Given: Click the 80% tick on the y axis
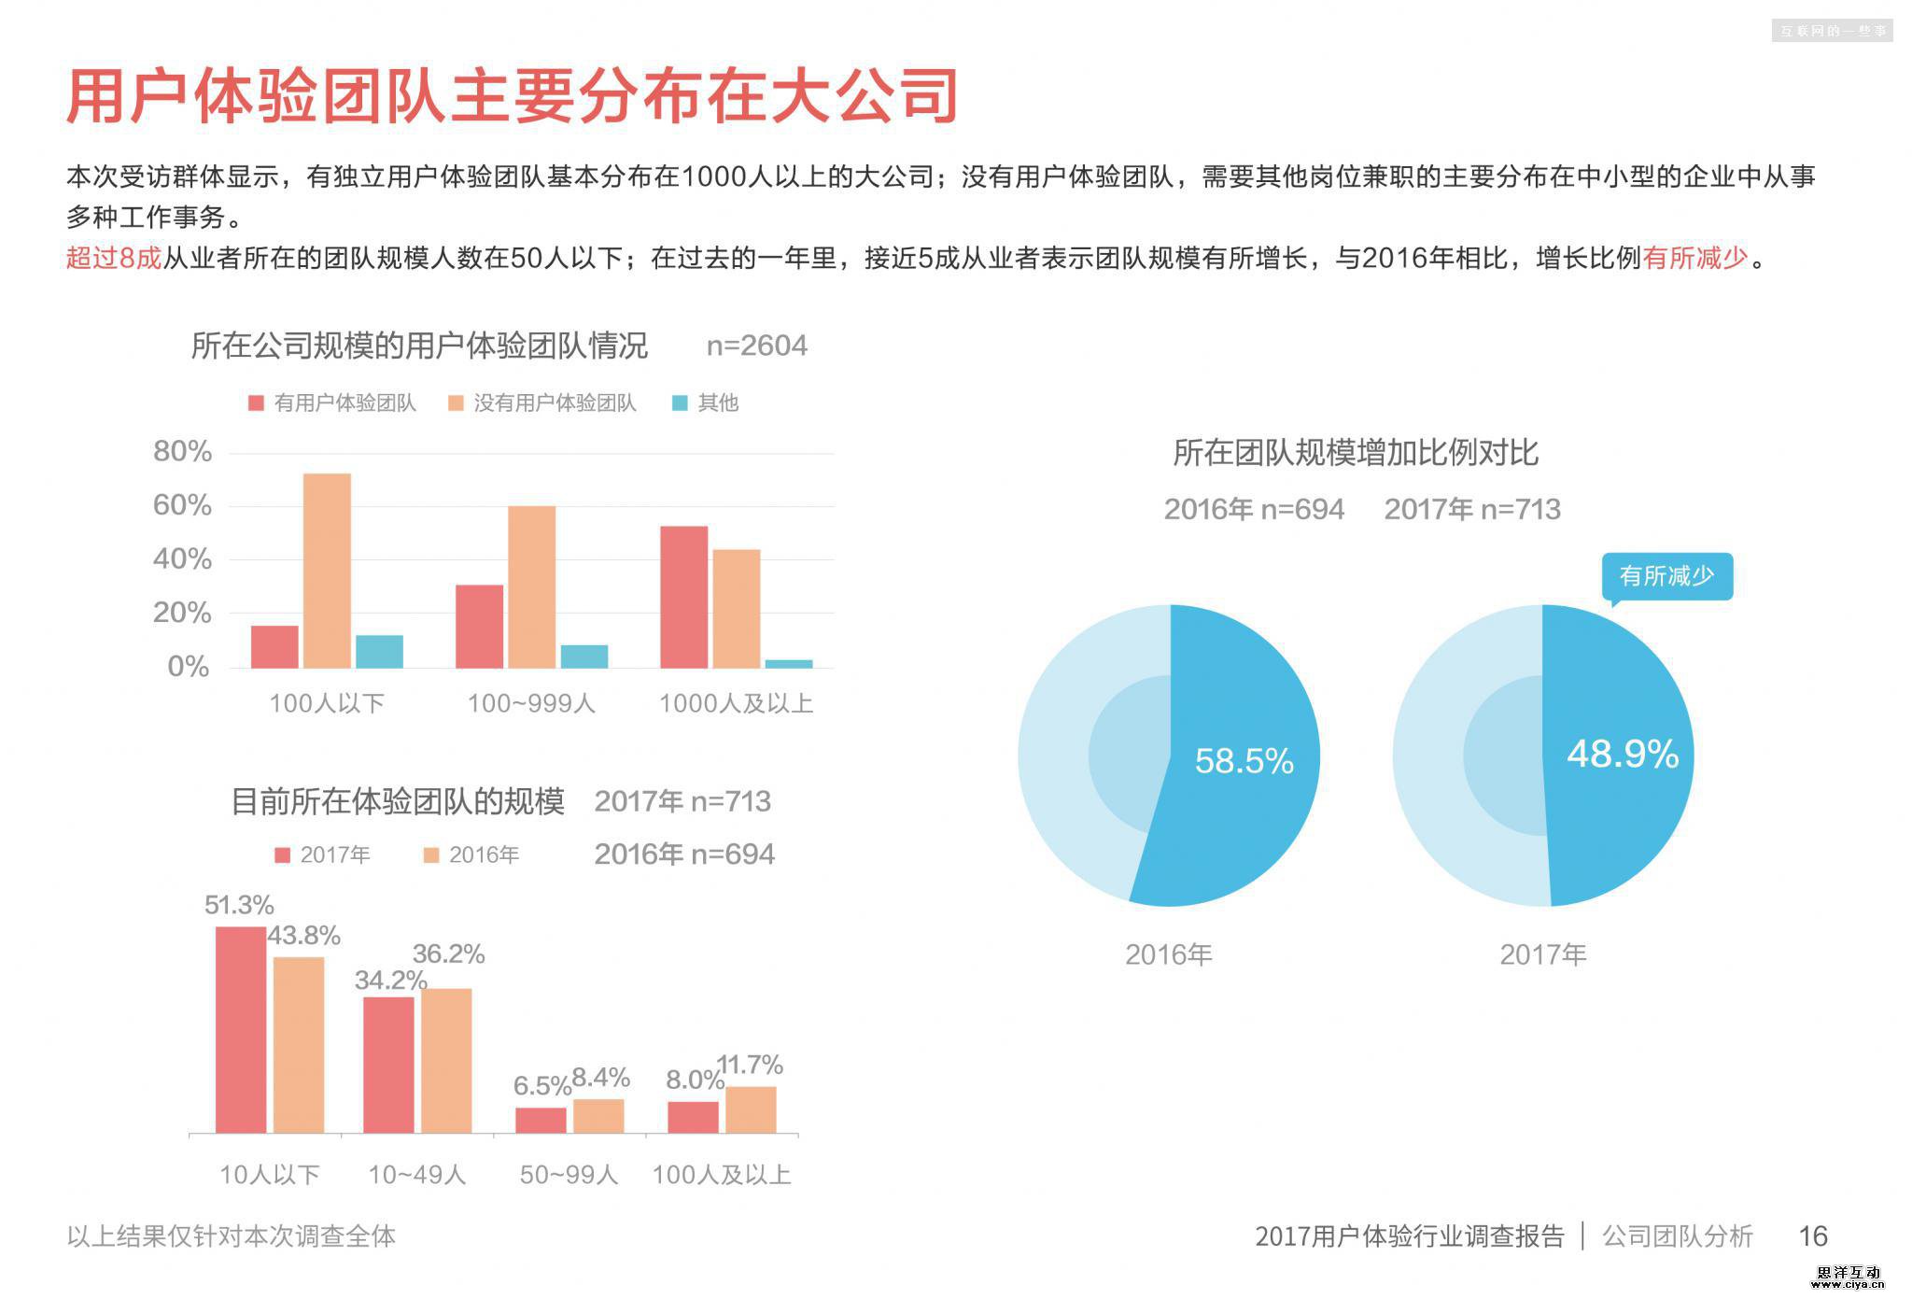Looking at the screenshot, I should pos(183,452).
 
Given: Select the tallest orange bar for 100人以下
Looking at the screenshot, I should pos(327,571).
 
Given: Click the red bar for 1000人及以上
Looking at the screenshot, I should pos(683,597).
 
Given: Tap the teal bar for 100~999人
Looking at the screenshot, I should pos(583,657).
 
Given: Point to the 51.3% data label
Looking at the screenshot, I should pos(239,905).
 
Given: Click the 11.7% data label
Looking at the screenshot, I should pos(750,1065).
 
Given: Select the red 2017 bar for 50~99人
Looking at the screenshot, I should pos(541,1120).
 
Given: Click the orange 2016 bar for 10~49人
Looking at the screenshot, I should pos(446,1060).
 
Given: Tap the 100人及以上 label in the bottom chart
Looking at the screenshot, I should pos(721,1175).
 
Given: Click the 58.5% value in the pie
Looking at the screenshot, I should pos(1244,761).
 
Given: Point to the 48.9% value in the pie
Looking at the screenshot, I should pos(1623,754).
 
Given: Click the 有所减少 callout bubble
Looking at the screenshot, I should pos(1666,576).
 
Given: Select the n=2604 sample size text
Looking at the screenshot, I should pos(756,346).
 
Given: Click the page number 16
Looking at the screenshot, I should pos(1812,1236).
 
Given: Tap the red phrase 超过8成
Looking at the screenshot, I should pos(114,258).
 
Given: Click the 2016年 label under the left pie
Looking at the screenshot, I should pos(1168,954).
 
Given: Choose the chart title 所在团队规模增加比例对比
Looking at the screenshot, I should pos(1355,454).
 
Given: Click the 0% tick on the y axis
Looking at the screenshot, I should pos(189,667).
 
